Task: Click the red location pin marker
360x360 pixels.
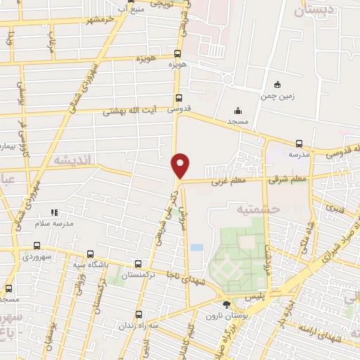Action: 181,165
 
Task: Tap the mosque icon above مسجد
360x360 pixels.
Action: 238,110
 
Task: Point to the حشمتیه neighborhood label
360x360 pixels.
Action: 258,209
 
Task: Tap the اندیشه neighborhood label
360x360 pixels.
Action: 72,161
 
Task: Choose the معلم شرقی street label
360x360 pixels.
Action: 288,180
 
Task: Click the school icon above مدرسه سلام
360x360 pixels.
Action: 55,212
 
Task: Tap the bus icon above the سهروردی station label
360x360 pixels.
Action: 37,246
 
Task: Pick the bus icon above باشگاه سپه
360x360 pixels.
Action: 89,255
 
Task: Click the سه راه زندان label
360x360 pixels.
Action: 138,326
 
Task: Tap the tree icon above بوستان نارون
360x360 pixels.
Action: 226,304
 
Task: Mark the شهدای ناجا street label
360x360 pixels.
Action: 184,281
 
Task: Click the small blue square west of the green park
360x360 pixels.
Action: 196,248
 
